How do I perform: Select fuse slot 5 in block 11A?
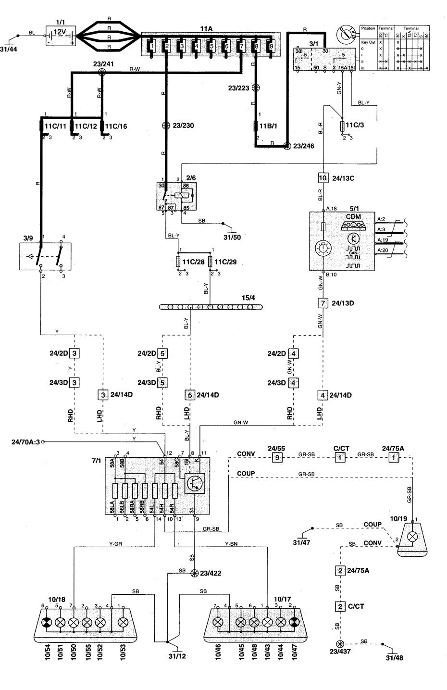(x=211, y=47)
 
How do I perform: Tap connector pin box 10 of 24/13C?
(x=323, y=177)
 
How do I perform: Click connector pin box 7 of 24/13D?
(x=323, y=303)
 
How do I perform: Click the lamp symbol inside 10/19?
(x=413, y=536)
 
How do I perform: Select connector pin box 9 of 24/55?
(x=277, y=457)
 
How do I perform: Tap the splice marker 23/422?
(x=194, y=573)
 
